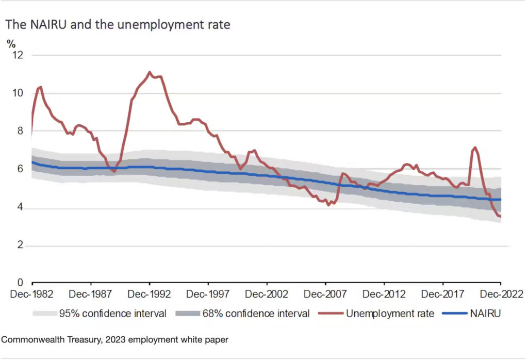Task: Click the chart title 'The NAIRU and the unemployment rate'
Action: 118,25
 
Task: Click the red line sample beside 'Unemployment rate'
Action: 329,313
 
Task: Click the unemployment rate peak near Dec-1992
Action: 150,72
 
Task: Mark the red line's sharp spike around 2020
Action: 475,148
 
